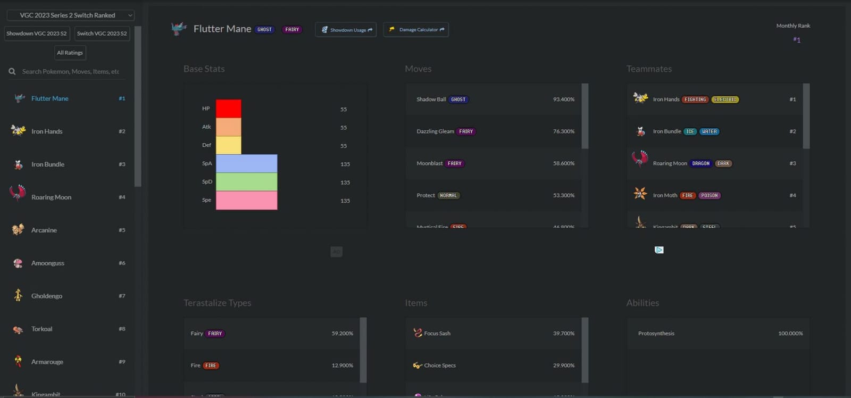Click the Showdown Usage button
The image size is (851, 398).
tap(346, 30)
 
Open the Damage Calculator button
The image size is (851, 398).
tap(416, 30)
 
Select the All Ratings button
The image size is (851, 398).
tap(70, 53)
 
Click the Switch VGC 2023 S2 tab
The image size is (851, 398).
tap(102, 34)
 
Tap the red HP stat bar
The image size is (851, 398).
tap(228, 109)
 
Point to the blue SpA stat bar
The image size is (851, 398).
tap(246, 163)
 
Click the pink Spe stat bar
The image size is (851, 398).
tap(246, 200)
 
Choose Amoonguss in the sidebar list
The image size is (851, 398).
tap(48, 263)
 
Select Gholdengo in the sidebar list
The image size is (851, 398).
tap(47, 296)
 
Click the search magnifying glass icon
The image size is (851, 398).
tap(12, 71)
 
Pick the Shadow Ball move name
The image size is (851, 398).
tap(431, 99)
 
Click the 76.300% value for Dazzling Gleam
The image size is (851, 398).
tap(563, 131)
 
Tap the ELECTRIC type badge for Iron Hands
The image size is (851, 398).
tap(725, 99)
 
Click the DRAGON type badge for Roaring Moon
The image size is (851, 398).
tap(700, 163)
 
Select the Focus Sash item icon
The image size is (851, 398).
tap(418, 333)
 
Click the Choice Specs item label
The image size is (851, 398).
tap(439, 366)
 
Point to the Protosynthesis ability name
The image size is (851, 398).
tap(656, 334)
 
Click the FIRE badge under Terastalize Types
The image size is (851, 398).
tap(211, 366)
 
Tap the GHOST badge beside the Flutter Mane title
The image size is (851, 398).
tap(264, 30)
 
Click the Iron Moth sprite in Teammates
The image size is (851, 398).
tap(640, 194)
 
